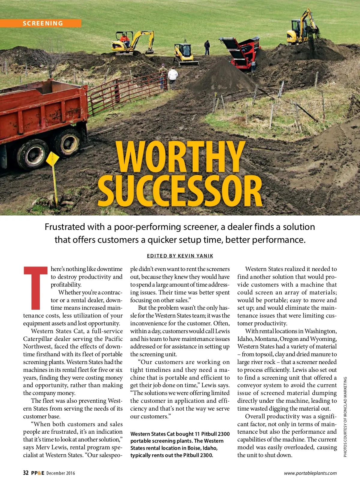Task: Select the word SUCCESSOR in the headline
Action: [x=180, y=191]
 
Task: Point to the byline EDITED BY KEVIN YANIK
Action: [x=180, y=256]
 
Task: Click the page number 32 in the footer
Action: [x=26, y=473]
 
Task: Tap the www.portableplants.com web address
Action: [x=310, y=473]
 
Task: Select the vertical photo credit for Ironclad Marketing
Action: [x=345, y=417]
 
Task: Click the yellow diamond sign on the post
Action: [x=52, y=159]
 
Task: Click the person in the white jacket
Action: [x=173, y=77]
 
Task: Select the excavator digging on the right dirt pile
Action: [x=301, y=29]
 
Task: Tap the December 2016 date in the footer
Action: [x=61, y=473]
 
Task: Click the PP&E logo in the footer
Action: [x=37, y=473]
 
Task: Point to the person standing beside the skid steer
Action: [x=207, y=47]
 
